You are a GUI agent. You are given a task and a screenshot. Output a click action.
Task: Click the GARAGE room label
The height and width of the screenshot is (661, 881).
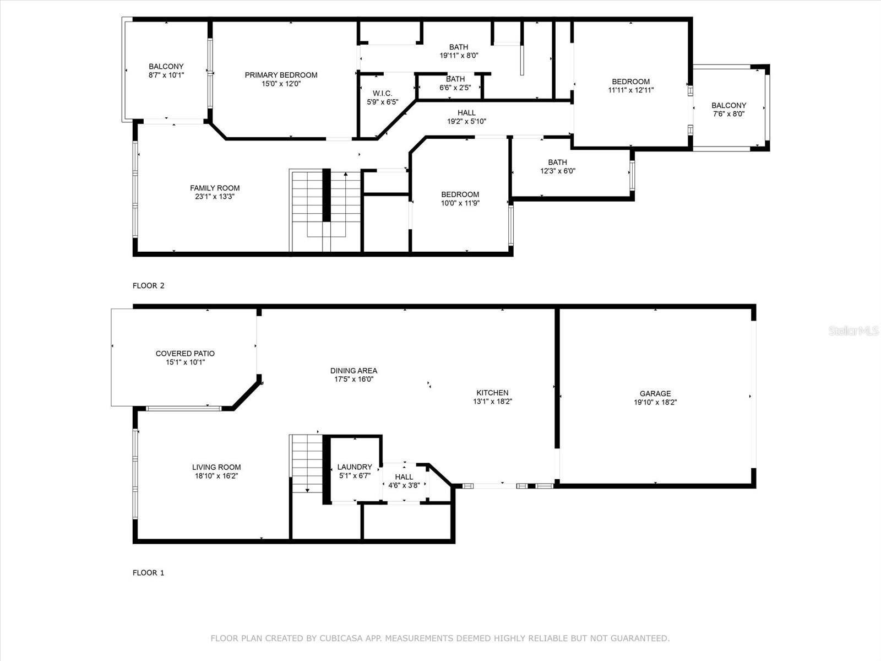655,393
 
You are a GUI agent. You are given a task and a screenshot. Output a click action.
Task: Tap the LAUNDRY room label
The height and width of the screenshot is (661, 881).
355,467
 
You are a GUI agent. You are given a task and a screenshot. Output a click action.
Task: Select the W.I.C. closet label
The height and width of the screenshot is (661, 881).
382,93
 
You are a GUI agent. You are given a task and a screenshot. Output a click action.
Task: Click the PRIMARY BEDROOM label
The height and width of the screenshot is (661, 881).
281,75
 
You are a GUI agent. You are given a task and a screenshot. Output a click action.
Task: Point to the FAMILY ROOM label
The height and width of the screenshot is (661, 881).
215,188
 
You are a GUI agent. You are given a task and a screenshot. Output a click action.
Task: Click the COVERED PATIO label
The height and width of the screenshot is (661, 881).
185,354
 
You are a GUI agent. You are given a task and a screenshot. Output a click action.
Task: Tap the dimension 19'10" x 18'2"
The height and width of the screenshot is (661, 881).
655,402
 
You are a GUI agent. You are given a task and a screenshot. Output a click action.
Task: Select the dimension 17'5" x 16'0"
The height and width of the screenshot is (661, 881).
354,379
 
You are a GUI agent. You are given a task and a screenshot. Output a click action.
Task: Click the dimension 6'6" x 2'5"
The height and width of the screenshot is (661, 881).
455,88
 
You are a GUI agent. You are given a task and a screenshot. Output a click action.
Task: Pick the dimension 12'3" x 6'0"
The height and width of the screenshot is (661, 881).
557,171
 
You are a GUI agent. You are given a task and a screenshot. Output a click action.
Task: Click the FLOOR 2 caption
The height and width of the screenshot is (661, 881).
148,285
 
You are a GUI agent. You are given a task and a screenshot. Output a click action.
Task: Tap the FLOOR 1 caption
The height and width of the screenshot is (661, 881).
148,572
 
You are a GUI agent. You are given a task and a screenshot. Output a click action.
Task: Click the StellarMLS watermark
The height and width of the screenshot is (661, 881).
853,330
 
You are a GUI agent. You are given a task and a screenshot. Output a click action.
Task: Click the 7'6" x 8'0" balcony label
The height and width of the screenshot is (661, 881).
728,110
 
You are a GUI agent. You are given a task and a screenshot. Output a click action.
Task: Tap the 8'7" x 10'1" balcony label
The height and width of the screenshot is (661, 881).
166,71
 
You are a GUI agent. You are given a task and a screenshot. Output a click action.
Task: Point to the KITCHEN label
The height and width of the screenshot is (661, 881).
492,393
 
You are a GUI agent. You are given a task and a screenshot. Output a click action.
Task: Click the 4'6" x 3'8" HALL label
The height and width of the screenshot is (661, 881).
404,481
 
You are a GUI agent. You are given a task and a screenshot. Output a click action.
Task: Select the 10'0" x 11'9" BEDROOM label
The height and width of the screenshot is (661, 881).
460,198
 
